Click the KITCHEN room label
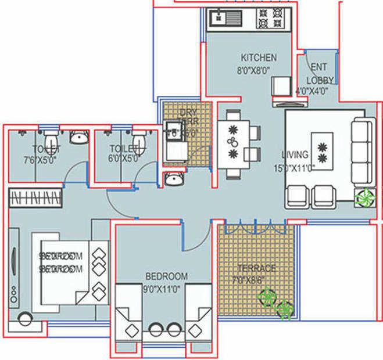point(259,58)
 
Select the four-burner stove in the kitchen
point(268,18)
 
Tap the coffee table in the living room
point(321,150)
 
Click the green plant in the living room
point(364,197)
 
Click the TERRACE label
point(257,268)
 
